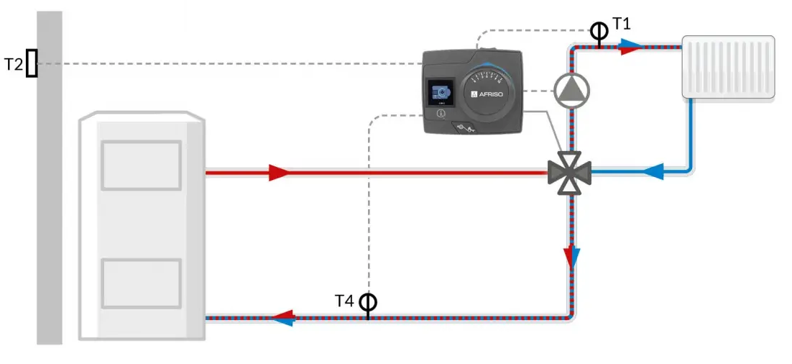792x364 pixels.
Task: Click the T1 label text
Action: (x=621, y=23)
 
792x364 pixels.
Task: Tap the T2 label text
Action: (x=14, y=64)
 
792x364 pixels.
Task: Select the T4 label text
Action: (x=345, y=301)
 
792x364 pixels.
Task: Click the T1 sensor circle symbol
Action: (x=599, y=32)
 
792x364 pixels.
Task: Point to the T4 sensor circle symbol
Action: (x=368, y=302)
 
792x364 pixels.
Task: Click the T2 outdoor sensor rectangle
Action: (x=32, y=63)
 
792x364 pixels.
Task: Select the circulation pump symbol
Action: (x=572, y=91)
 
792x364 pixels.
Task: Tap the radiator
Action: (x=728, y=67)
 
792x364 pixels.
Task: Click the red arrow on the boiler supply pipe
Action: (x=279, y=173)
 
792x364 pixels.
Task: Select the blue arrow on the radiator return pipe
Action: (x=653, y=172)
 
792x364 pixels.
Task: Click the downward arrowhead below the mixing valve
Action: (x=572, y=257)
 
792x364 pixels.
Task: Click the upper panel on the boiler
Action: (x=142, y=165)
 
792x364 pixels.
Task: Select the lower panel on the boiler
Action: (x=142, y=283)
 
